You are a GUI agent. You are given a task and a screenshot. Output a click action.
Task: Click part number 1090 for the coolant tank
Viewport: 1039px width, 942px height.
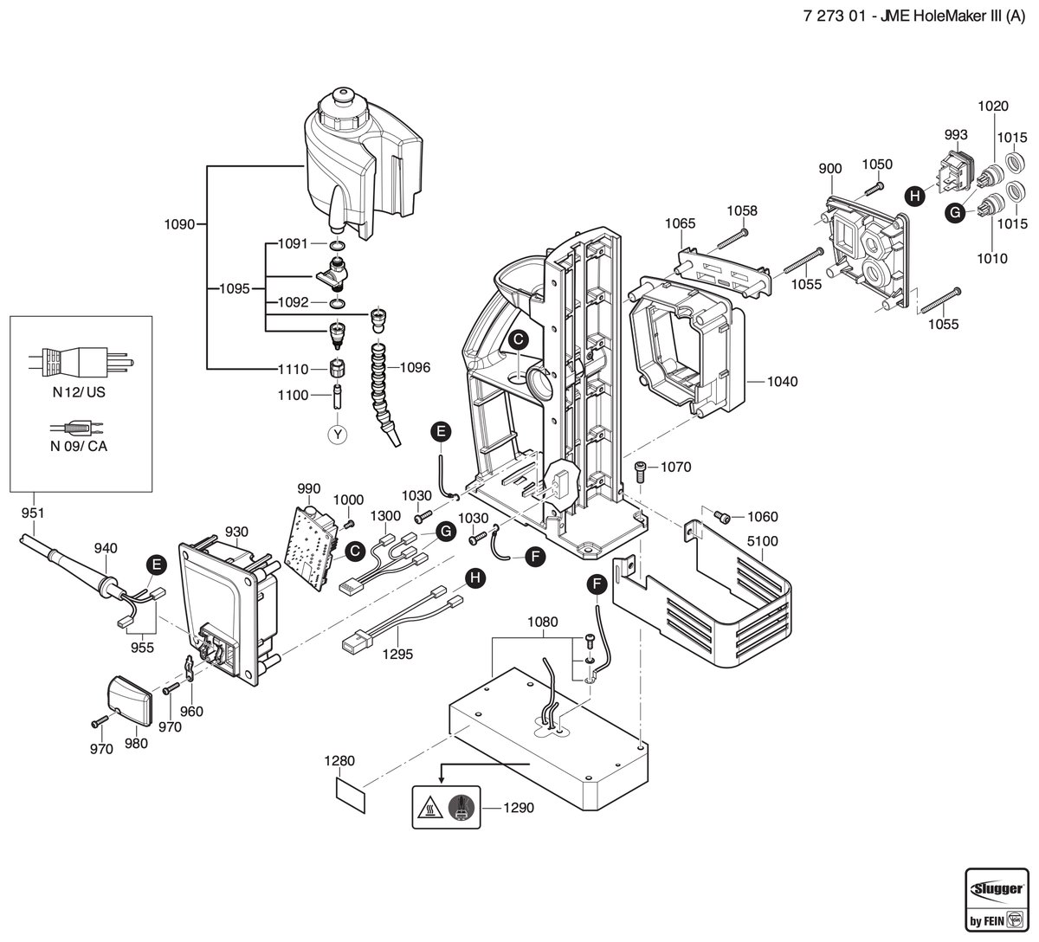click(179, 224)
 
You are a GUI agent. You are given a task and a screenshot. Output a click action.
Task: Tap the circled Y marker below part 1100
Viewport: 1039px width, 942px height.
click(338, 435)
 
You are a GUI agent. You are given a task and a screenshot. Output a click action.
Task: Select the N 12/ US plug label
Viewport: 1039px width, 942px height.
click(79, 392)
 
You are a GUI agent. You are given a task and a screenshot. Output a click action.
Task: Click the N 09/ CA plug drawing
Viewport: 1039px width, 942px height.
click(77, 429)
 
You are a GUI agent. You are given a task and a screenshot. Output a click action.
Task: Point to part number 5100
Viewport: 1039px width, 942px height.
click(763, 541)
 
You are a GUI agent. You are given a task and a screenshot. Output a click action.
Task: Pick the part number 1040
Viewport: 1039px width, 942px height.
click(782, 381)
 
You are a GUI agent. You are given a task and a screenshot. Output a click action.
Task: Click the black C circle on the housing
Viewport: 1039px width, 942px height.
click(519, 340)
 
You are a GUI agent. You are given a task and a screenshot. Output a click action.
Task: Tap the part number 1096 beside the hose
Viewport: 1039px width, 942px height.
click(415, 367)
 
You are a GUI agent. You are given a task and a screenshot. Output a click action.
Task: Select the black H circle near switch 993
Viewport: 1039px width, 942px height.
click(915, 196)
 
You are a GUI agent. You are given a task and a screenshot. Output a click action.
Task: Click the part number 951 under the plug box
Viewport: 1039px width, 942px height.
click(33, 513)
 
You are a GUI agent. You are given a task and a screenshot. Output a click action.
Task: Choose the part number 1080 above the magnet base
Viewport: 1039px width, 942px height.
click(542, 622)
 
